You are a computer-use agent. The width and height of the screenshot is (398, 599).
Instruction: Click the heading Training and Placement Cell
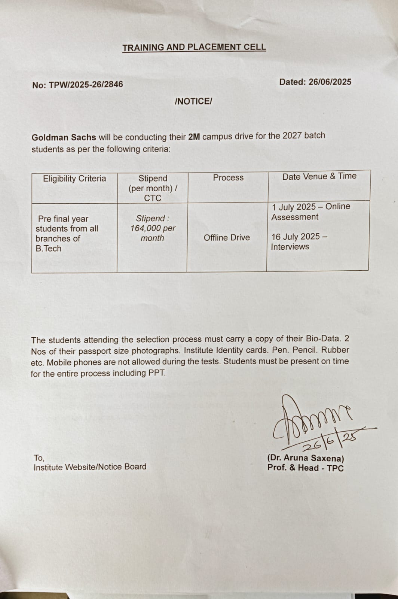[x=194, y=47]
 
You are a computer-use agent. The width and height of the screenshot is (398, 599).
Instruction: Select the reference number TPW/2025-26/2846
[x=86, y=85]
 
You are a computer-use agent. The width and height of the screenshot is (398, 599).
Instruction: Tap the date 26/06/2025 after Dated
[x=330, y=82]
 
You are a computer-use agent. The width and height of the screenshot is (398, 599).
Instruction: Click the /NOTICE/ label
[x=193, y=101]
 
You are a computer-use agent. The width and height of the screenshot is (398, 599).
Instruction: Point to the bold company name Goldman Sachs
[x=64, y=137]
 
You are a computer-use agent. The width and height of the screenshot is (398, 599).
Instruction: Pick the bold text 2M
[x=194, y=137]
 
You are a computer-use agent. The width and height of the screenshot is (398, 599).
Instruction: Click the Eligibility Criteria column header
[x=74, y=179]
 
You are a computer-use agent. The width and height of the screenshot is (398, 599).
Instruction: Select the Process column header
[x=228, y=178]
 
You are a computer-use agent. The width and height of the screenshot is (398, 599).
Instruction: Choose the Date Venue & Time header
[x=319, y=176]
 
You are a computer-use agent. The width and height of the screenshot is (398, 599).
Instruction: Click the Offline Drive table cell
[x=227, y=238]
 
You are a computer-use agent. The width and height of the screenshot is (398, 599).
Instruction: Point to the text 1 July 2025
[x=294, y=207]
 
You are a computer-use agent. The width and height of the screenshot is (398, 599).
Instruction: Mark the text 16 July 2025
[x=296, y=237]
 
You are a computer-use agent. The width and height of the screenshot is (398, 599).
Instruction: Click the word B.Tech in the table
[x=49, y=249]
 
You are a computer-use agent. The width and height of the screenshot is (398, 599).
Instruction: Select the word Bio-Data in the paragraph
[x=323, y=339]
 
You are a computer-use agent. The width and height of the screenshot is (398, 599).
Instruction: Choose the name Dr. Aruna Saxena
[x=306, y=458]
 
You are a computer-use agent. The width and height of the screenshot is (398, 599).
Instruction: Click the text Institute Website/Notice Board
[x=90, y=467]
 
